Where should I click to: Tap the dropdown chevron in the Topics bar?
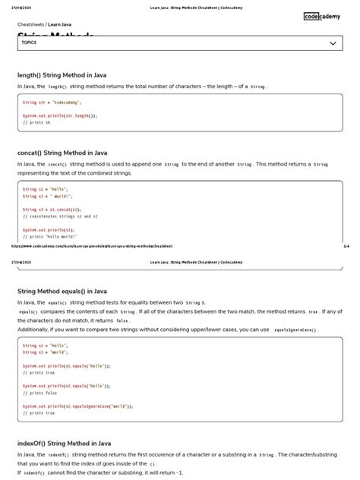pos(333,44)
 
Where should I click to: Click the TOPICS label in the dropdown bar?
pos(30,43)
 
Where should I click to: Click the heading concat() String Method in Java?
pos(62,153)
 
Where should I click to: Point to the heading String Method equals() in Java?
pos(62,291)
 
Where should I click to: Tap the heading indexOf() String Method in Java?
pos(64,443)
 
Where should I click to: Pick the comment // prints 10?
pos(36,122)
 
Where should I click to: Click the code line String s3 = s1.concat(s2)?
pos(52,209)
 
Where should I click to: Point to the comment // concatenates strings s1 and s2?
pos(60,216)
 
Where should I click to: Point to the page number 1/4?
pos(346,246)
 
